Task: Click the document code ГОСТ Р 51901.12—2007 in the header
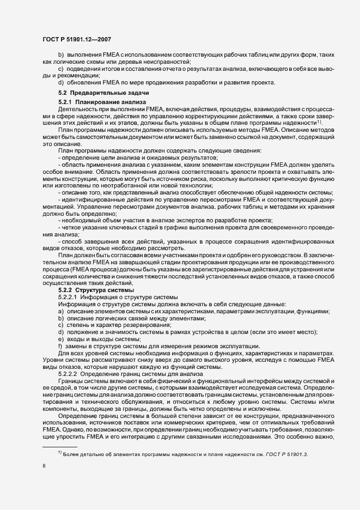(78, 39)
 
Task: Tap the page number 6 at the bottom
(44, 465)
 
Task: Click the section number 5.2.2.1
(68, 297)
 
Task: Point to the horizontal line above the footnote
(60, 446)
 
